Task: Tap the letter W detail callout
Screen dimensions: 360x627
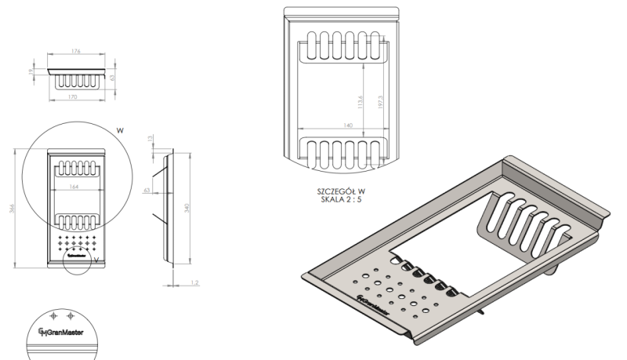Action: pyautogui.click(x=120, y=130)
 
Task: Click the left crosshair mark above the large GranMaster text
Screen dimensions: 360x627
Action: pyautogui.click(x=53, y=315)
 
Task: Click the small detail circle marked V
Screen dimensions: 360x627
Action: pyautogui.click(x=76, y=262)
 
